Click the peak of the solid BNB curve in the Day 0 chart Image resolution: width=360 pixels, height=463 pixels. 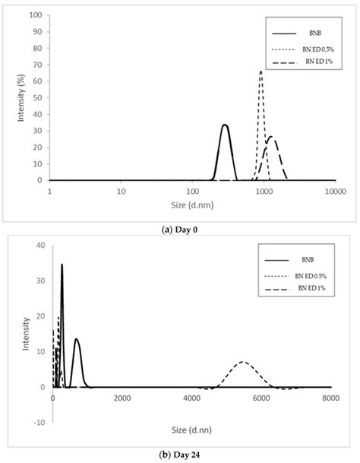click(224, 125)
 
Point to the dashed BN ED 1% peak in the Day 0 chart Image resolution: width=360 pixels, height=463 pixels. click(271, 138)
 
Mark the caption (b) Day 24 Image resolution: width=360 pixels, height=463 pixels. click(180, 455)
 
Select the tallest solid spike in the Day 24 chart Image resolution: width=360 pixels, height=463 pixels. click(62, 265)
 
